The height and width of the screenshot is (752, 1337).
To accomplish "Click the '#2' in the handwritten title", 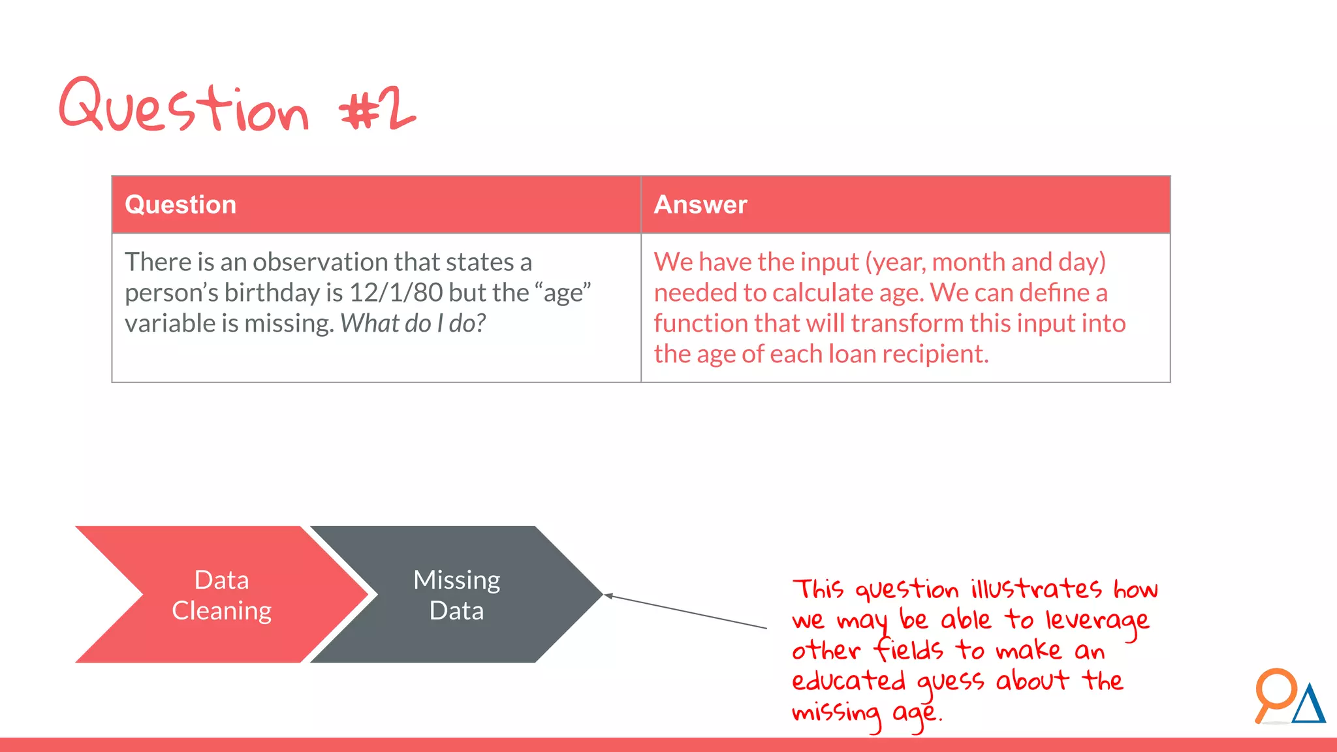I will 377,110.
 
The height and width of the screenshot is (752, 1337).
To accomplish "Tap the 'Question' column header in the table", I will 180,205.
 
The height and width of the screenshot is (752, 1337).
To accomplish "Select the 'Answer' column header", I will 700,205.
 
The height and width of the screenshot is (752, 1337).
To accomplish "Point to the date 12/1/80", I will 396,293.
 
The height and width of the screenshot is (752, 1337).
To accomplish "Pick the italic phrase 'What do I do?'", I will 413,324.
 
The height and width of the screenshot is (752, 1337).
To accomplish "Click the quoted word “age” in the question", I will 567,293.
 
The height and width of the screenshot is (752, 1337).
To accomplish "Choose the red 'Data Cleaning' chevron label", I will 222,595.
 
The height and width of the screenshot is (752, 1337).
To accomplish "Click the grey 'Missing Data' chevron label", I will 456,595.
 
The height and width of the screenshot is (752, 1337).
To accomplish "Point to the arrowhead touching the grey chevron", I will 607,595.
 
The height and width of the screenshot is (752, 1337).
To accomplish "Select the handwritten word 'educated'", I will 848,681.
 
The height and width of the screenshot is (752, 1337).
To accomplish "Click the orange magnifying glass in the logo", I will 1274,691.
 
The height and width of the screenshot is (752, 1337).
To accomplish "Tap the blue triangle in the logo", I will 1308,705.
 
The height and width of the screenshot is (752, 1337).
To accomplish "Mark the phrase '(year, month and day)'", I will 986,262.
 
